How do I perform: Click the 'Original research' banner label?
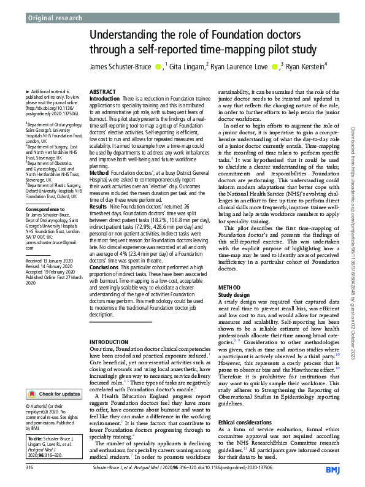pos(55,18)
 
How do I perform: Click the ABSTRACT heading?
pos(102,90)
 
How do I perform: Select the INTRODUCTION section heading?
pos(110,341)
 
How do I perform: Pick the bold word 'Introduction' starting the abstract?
pos(108,98)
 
